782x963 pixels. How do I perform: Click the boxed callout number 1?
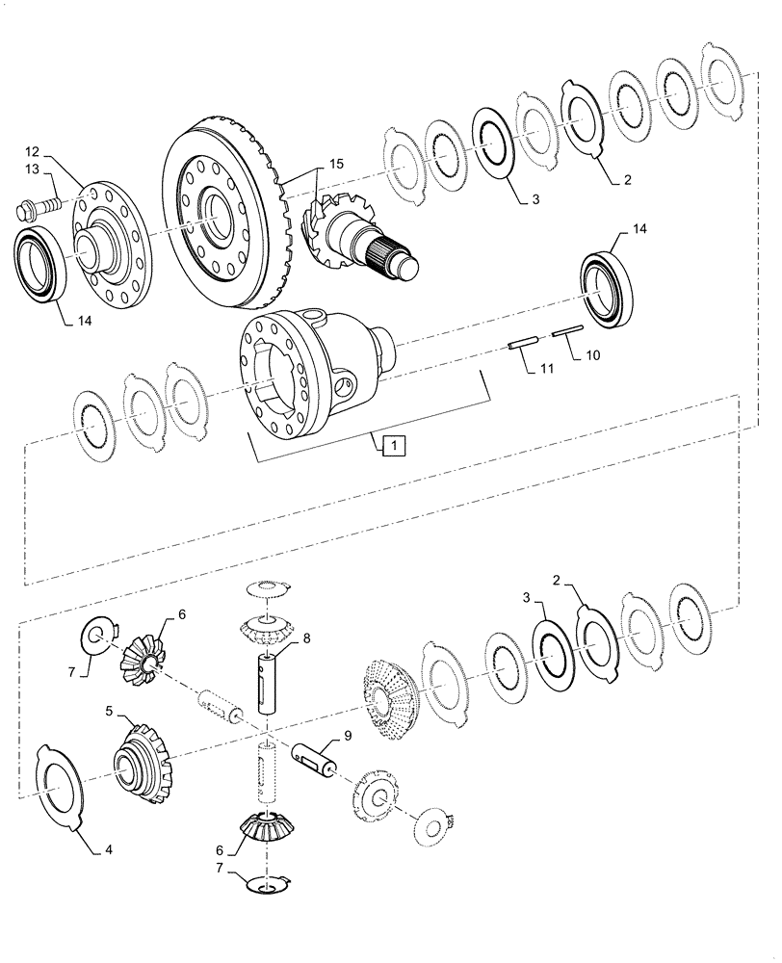[394, 445]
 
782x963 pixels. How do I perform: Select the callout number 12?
[33, 152]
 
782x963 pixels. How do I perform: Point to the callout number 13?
[33, 170]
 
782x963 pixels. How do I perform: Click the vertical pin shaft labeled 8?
[268, 678]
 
